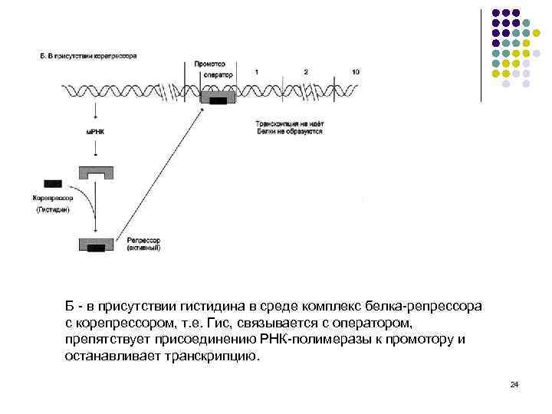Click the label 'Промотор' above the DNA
coord(209,64)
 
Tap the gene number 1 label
coord(256,71)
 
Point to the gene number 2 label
coord(305,71)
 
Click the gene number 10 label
coord(355,71)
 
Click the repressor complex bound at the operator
coord(219,100)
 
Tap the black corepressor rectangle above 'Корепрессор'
coord(54,184)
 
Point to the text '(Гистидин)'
coord(53,209)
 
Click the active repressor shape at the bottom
coord(96,245)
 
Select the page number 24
coord(514,384)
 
